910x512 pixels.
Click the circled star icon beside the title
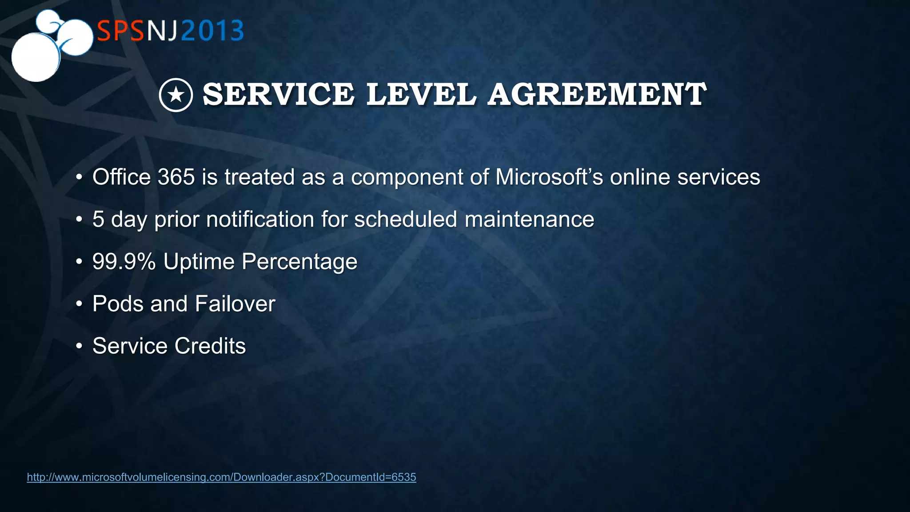point(176,95)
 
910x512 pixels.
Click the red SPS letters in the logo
point(120,31)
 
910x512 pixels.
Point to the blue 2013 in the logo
point(212,31)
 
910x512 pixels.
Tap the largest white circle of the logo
point(35,57)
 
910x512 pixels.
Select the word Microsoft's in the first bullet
point(549,177)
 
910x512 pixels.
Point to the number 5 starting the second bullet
point(98,219)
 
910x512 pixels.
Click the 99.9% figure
point(124,261)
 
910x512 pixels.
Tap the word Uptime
point(199,261)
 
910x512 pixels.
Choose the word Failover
point(235,304)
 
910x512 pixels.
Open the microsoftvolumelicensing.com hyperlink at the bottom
point(221,477)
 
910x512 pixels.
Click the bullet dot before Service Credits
point(79,346)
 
